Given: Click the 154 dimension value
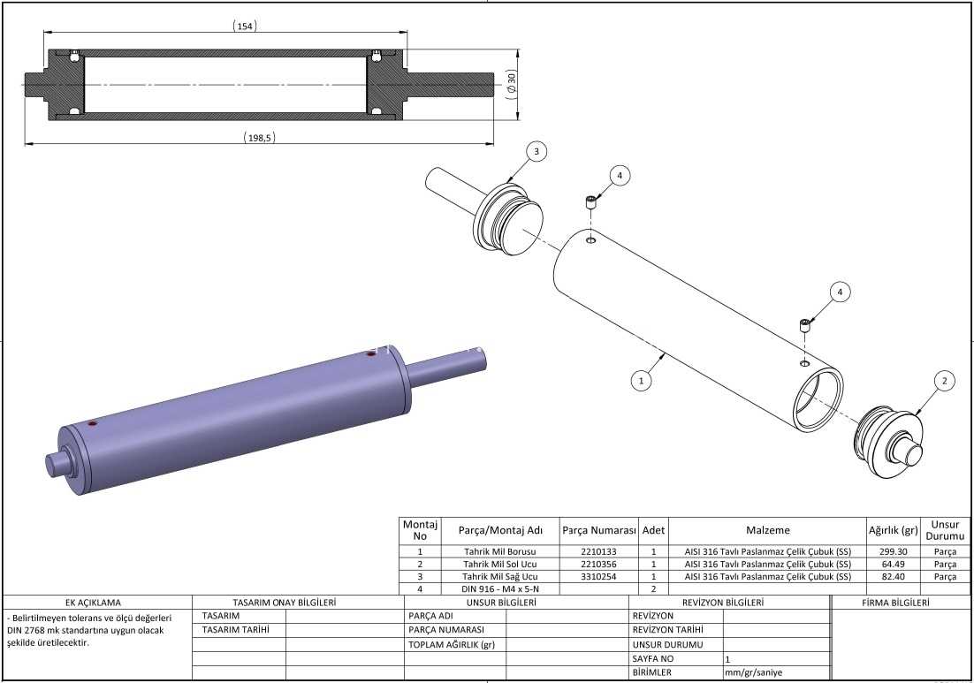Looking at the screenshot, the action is pyautogui.click(x=245, y=27).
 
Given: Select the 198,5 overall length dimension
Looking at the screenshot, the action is pyautogui.click(x=259, y=138).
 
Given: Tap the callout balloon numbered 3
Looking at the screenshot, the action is pyautogui.click(x=536, y=151).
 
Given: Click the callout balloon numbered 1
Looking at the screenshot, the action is pyautogui.click(x=641, y=380).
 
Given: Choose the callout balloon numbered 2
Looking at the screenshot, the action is pyautogui.click(x=944, y=381).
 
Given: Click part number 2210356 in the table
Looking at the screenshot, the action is pyautogui.click(x=599, y=565).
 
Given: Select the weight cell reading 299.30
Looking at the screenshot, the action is pyautogui.click(x=894, y=551).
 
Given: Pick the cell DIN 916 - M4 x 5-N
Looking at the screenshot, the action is pyautogui.click(x=500, y=588).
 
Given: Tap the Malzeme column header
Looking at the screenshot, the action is pyautogui.click(x=768, y=530).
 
